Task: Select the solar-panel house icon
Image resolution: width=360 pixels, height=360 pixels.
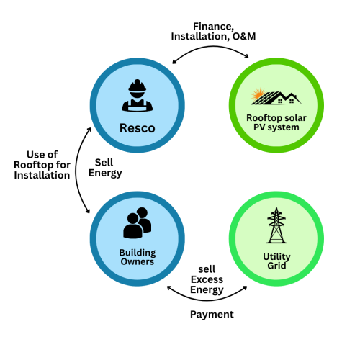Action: [274, 96]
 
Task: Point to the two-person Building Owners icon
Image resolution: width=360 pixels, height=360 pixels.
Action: [137, 222]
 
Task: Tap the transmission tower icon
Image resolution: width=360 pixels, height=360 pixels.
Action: [275, 226]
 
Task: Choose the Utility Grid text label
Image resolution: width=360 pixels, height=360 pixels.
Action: [275, 261]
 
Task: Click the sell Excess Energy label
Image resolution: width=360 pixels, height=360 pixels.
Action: [207, 279]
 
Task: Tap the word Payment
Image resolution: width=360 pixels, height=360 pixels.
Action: [212, 314]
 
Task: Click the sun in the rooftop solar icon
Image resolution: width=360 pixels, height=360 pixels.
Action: [256, 96]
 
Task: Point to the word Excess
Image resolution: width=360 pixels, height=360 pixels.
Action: [207, 279]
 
